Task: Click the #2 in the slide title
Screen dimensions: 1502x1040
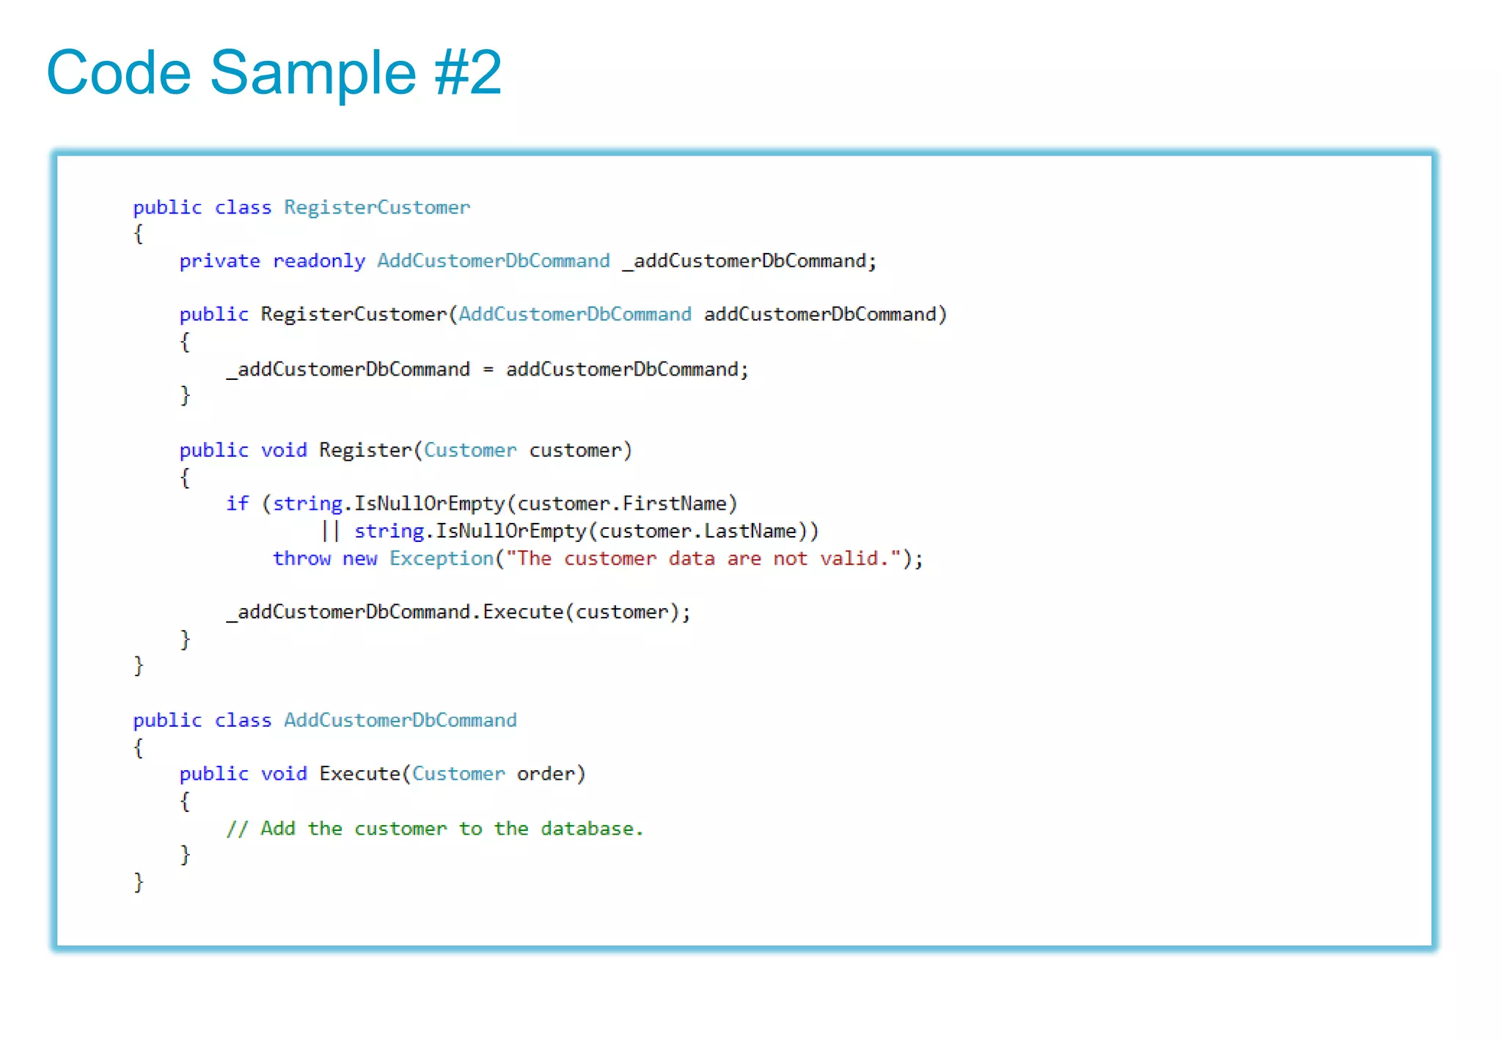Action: (x=468, y=73)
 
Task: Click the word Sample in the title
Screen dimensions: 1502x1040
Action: (x=313, y=73)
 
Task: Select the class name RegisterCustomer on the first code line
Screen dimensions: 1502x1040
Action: (x=377, y=208)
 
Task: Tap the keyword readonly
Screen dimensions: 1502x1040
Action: (x=318, y=261)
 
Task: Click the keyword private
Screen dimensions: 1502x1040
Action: (x=219, y=261)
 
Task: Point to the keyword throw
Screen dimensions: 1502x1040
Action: (x=301, y=559)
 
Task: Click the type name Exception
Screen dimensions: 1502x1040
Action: (x=442, y=559)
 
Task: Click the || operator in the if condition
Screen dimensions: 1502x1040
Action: (x=331, y=531)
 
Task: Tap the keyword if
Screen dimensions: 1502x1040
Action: (x=237, y=504)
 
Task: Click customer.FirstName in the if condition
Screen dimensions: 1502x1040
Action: (x=622, y=504)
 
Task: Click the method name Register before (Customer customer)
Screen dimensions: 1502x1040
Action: (x=365, y=450)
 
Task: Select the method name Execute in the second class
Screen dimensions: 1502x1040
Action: (x=359, y=774)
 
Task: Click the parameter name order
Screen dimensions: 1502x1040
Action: (x=546, y=774)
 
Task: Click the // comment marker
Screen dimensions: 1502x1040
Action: (x=237, y=829)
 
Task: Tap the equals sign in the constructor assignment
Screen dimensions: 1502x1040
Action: (x=488, y=370)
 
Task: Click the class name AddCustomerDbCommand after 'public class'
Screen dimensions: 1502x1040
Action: (x=400, y=720)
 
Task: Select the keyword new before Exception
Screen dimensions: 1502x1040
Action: (x=359, y=559)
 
